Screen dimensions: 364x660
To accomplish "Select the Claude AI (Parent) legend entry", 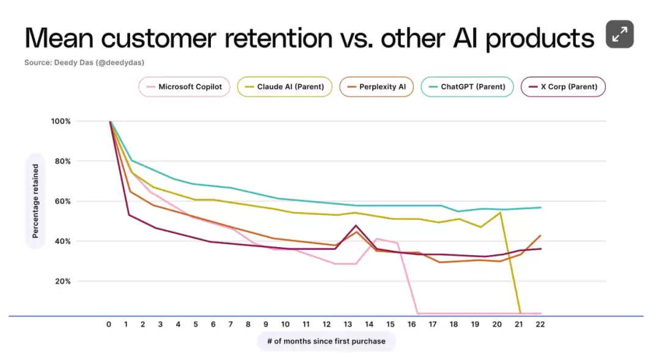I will tap(285, 87).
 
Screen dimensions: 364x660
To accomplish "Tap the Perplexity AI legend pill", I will tap(376, 87).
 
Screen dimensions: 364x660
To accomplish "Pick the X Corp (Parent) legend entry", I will tap(563, 87).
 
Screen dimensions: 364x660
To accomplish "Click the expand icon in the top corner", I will tap(620, 34).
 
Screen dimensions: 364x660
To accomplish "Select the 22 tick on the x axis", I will tap(540, 325).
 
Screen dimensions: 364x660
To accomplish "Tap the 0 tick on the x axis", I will tap(109, 325).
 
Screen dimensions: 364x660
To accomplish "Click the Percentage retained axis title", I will tap(35, 201).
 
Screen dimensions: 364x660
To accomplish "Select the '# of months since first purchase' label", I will tap(326, 341).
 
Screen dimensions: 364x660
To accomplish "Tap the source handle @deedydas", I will tap(122, 62).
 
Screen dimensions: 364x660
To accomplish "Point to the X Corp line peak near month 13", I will tap(356, 226).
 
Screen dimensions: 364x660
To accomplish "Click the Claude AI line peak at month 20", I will tap(501, 212).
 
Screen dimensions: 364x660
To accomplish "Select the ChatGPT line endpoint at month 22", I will tap(541, 207).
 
